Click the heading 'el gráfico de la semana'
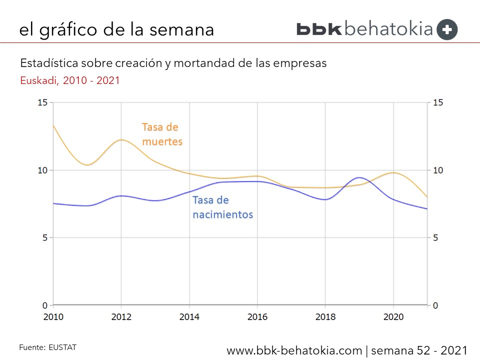pos(116,29)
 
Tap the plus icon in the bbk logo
pos(447,29)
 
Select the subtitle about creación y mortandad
pos(173,63)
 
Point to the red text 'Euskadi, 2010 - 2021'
pos(70,80)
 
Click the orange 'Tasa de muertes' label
pos(162,134)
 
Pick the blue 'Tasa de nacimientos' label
pos(222,207)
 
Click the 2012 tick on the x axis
pos(121,317)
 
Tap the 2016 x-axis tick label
pos(257,317)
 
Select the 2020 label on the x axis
pos(393,317)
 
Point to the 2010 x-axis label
pos(53,317)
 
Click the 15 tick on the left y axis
pos(42,102)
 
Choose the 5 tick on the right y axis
pos(435,237)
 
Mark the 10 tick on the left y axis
pos(42,170)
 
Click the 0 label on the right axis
pos(435,305)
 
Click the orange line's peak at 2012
pos(121,140)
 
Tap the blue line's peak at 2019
pos(359,177)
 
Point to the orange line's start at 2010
pos(53,125)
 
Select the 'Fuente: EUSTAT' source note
pos(48,346)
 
